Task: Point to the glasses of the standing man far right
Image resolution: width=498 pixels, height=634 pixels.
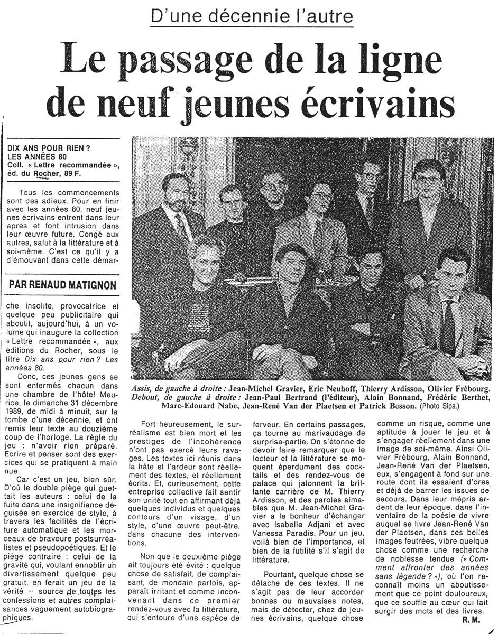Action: pos(428,180)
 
